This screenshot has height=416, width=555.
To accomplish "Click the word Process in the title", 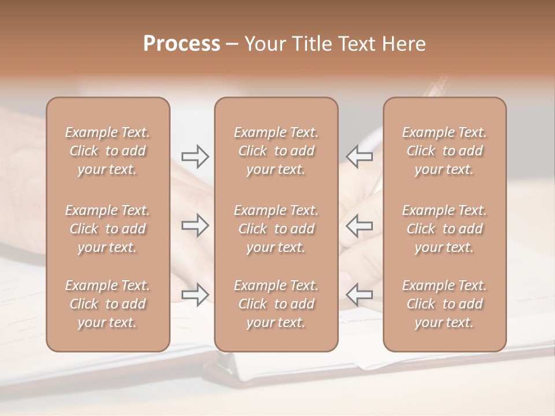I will point(182,44).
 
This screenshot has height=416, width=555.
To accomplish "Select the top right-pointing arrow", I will point(195,156).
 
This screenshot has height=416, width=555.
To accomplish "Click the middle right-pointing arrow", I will point(195,225).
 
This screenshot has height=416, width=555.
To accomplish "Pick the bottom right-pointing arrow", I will point(195,295).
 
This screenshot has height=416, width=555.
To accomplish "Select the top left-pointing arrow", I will point(359,156).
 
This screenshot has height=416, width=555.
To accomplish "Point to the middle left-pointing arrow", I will point(359,225).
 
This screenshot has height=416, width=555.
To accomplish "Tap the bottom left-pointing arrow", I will point(359,295).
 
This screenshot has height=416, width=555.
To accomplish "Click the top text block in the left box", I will point(108,151).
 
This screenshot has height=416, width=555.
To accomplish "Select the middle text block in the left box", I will point(108,229).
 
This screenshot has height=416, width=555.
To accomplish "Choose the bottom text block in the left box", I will point(108,304).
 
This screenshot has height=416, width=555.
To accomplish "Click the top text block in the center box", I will point(276,151).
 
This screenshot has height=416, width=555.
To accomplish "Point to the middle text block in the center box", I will point(276,229).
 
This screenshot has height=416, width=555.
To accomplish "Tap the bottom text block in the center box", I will point(276,304).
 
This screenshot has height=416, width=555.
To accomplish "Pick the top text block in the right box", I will point(445,151).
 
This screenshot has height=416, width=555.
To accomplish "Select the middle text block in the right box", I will point(445,229).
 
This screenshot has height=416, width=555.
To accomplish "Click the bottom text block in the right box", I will point(445,304).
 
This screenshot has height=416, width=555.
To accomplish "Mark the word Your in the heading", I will point(265,44).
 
